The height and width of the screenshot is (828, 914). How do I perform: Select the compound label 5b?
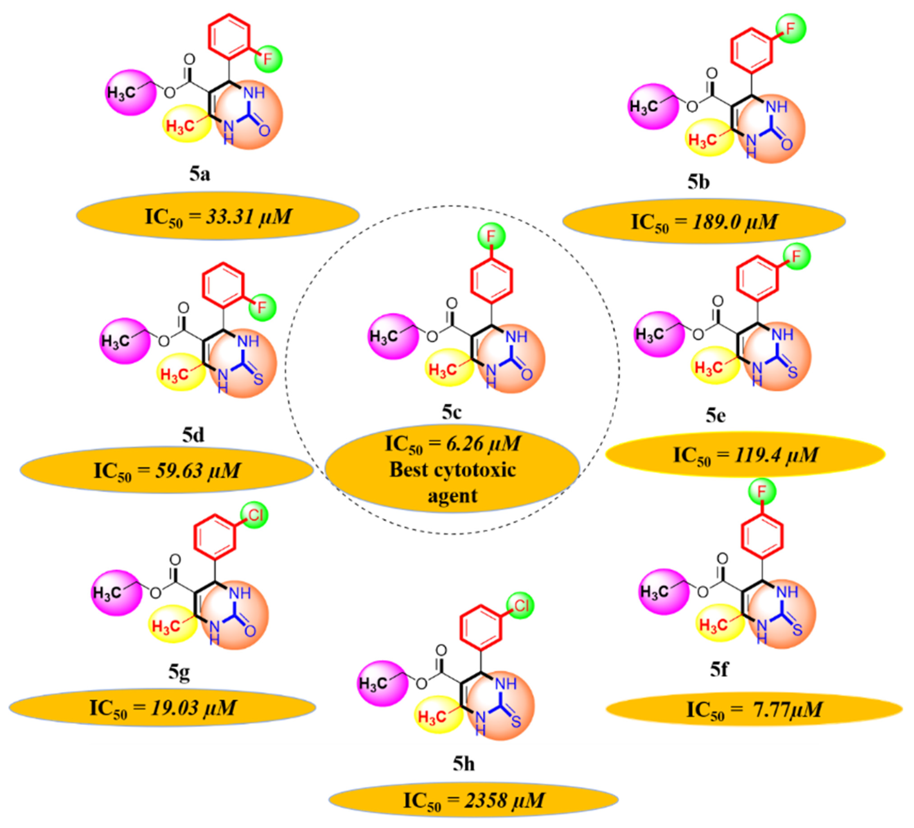coord(698,182)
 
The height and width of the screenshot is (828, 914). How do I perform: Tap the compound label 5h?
coord(463,764)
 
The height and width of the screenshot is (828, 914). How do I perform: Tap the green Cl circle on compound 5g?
coord(254,515)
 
